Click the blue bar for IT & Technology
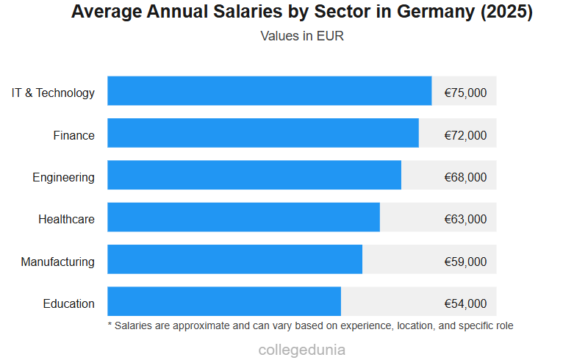(x=269, y=91)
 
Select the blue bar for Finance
(x=262, y=134)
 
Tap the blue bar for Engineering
(x=254, y=176)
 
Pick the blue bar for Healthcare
(x=243, y=217)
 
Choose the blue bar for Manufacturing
(x=234, y=260)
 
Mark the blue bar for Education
(x=224, y=302)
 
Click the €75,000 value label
(x=465, y=93)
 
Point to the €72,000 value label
(x=465, y=135)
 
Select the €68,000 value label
(x=465, y=177)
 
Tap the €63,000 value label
(x=465, y=219)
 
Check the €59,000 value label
(x=465, y=262)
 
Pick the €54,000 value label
(x=465, y=303)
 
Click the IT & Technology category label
(x=53, y=93)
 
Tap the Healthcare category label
(x=66, y=219)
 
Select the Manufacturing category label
(x=57, y=262)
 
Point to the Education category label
(x=68, y=303)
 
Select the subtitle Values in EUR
(x=302, y=36)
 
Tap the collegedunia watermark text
(x=302, y=350)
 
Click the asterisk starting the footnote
(x=110, y=324)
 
